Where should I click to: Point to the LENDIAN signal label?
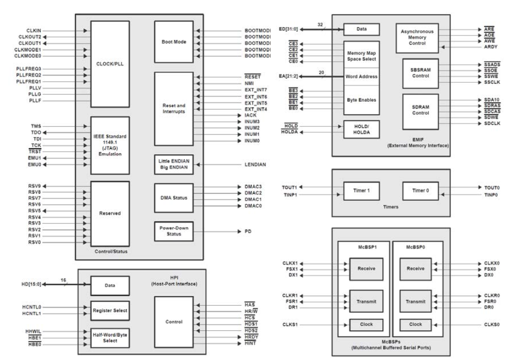[255, 165]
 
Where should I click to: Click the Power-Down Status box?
[174, 231]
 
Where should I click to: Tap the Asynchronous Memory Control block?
[421, 38]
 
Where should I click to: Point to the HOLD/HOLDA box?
[361, 128]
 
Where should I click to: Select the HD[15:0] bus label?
[32, 284]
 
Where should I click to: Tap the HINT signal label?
[250, 344]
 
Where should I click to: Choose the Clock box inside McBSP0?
[415, 324]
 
